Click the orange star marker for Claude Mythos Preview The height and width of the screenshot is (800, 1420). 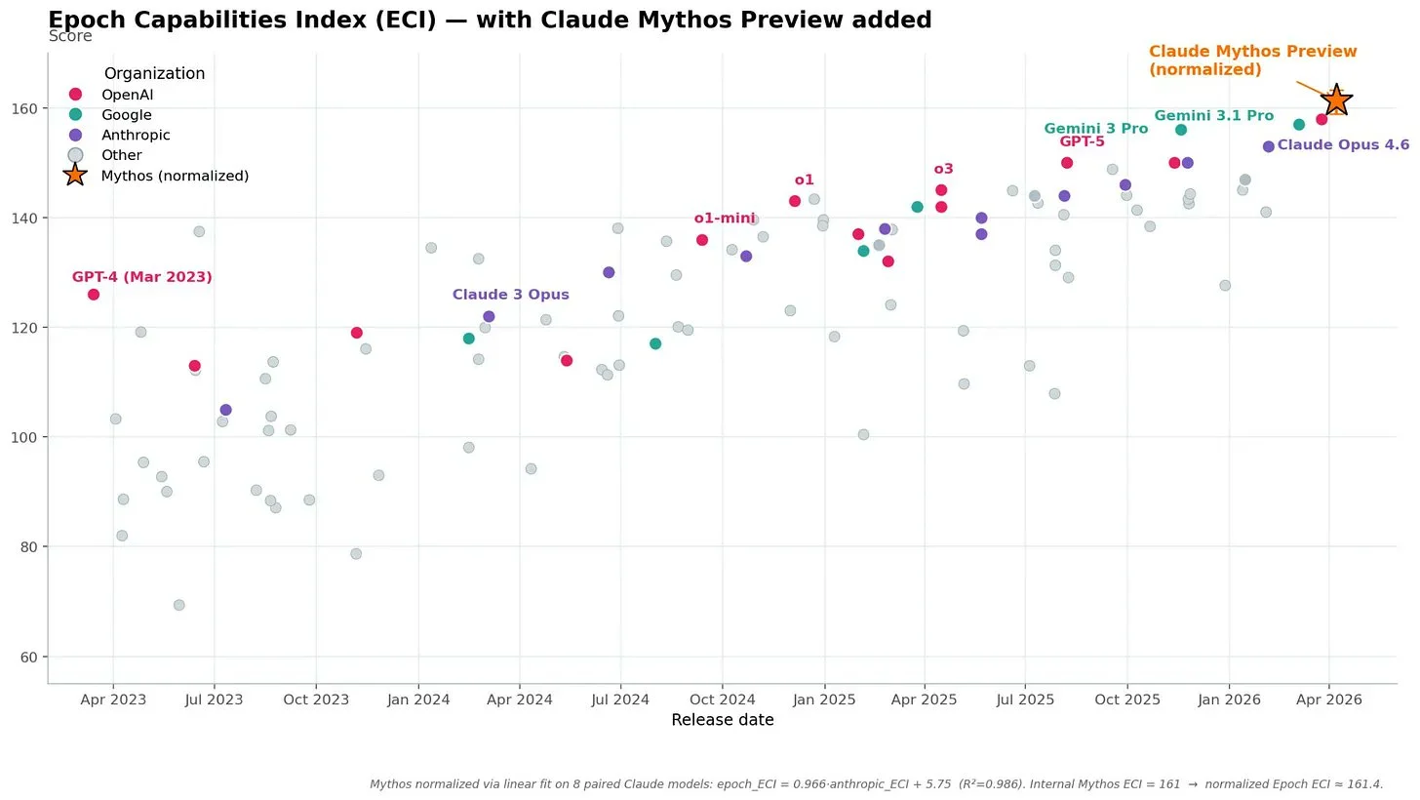coord(1336,100)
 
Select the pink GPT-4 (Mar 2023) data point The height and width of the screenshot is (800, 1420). coord(94,294)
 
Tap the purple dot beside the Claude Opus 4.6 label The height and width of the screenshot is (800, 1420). coord(1269,146)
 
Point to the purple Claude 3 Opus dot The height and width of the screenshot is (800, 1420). coord(489,316)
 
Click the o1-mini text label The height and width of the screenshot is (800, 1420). coord(725,219)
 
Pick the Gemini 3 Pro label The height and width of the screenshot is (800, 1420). coord(1096,129)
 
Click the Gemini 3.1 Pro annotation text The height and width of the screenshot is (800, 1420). coord(1214,115)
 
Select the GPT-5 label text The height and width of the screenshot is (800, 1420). coord(1083,141)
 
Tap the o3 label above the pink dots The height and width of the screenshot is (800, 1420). coord(943,169)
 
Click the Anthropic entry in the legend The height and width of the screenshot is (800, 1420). coord(136,135)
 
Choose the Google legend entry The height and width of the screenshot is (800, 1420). coord(127,115)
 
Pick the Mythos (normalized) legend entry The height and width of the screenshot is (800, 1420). coord(175,176)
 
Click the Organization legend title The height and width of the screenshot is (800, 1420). coord(155,73)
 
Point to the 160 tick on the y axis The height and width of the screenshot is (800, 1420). coord(24,108)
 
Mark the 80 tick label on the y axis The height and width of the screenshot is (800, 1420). coord(29,546)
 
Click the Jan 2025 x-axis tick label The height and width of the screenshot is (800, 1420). coord(824,700)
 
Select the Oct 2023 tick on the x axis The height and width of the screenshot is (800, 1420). coord(316,700)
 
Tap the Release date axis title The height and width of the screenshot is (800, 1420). coord(723,720)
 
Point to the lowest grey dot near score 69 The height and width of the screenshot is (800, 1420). coord(179,605)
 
